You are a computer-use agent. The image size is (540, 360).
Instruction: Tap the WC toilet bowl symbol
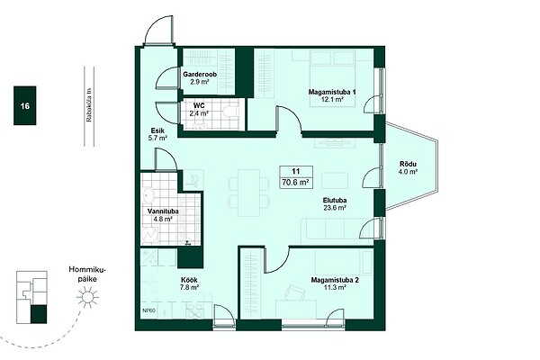tap(230, 111)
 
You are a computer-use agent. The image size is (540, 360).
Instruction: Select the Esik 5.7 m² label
tap(157, 134)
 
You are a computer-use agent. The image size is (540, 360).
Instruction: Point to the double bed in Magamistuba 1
tap(332, 78)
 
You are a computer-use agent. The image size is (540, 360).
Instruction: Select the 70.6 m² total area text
tap(295, 183)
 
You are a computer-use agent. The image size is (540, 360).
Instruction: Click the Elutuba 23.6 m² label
tap(335, 203)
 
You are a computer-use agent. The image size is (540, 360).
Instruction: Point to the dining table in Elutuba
tap(249, 193)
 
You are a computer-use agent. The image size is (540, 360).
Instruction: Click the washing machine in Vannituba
tap(149, 236)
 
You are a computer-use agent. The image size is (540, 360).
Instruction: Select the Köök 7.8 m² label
tap(189, 283)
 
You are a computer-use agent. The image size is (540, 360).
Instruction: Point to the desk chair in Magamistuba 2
tap(295, 293)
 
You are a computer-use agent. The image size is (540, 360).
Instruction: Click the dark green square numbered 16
tap(25, 105)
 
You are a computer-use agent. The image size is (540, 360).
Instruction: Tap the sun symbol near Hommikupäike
tap(87, 297)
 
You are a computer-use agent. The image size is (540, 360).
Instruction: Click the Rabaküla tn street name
tap(89, 106)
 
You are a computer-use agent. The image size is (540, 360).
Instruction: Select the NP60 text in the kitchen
tap(149, 310)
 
